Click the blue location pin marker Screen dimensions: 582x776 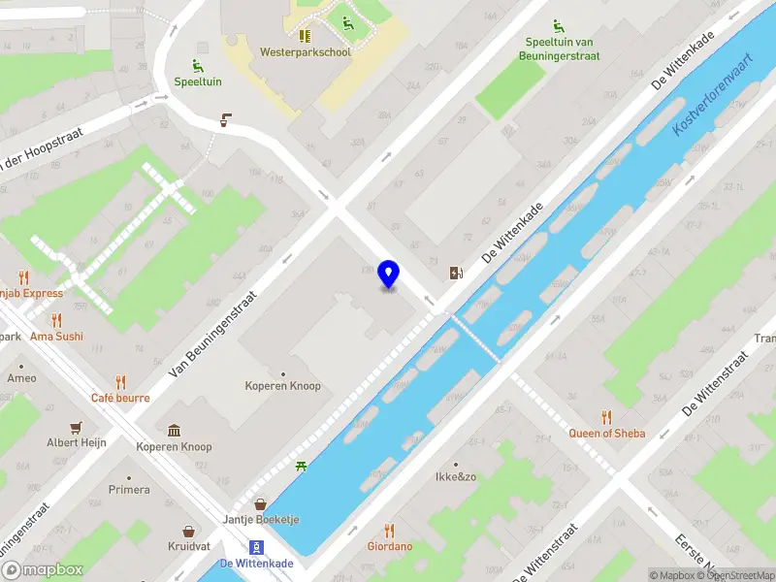tap(389, 275)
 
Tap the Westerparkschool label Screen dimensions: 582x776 tap(305, 51)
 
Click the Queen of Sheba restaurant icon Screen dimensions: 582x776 tap(607, 417)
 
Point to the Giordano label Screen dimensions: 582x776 tap(389, 546)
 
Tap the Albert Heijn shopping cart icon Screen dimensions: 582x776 tap(76, 427)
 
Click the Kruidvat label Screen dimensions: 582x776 tap(188, 546)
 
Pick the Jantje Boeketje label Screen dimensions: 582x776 tap(261, 519)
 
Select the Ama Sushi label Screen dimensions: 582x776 tap(56, 337)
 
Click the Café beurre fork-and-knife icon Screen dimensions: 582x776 tap(120, 382)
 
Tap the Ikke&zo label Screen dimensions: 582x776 tap(456, 476)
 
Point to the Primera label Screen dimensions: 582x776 tap(129, 490)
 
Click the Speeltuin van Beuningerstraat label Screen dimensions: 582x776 tap(563, 48)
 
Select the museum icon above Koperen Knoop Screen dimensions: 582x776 tap(174, 431)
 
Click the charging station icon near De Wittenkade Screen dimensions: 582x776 tap(456, 273)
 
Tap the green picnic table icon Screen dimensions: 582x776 tap(303, 467)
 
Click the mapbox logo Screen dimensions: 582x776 tap(43, 569)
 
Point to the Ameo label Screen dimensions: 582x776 tap(21, 378)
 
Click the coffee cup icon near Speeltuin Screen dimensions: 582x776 tap(226, 120)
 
